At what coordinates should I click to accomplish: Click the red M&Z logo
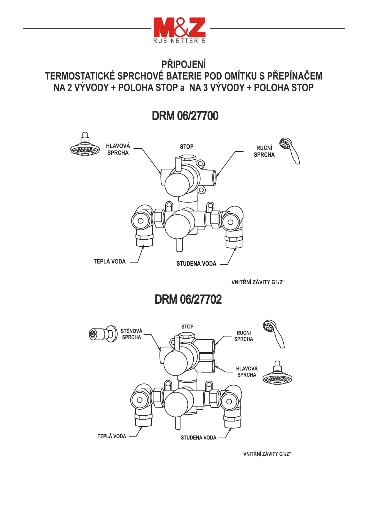pos(179,27)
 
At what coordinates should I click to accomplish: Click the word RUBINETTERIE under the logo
pos(179,41)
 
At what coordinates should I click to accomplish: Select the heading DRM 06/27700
pos(185,116)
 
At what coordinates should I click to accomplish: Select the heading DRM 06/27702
pos(188,299)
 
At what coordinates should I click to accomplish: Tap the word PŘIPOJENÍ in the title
pos(183,64)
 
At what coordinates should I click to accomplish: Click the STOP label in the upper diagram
pos(187,147)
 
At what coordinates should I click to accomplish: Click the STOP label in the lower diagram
pos(187,327)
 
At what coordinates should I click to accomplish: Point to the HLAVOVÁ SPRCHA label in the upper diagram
pos(118,149)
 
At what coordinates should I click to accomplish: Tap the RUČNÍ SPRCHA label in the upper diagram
pos(264,151)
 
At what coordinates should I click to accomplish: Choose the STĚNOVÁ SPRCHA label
pos(132,334)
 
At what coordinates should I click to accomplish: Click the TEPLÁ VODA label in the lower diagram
pos(112,436)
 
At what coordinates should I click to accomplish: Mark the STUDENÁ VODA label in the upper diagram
pos(196,264)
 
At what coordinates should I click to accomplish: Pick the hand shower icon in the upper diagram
pos(290,150)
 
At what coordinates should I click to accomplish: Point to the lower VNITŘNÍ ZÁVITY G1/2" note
pos(267,454)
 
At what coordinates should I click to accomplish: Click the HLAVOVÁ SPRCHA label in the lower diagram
pos(247,372)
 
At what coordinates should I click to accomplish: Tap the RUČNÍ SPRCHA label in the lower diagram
pos(244,336)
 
